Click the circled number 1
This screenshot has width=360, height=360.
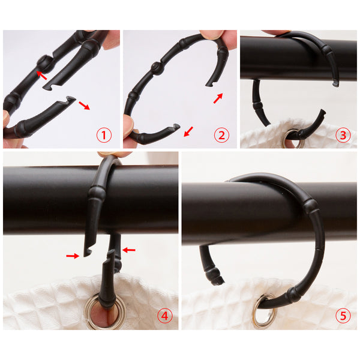pyautogui.click(x=104, y=135)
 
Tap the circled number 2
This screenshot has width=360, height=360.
pyautogui.click(x=221, y=135)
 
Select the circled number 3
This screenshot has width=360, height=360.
pyautogui.click(x=343, y=135)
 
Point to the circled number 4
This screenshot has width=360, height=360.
pyautogui.click(x=165, y=316)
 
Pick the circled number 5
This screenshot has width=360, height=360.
pyautogui.click(x=343, y=316)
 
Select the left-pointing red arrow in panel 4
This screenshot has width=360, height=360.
pyautogui.click(x=129, y=250)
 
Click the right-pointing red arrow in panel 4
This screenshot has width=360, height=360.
pyautogui.click(x=73, y=256)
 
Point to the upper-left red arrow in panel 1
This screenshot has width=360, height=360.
pyautogui.click(x=41, y=76)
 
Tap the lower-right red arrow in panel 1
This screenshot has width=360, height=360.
pyautogui.click(x=84, y=106)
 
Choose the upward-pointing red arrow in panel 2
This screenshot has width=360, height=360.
pyautogui.click(x=218, y=98)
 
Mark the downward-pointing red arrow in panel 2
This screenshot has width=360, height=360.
pyautogui.click(x=188, y=131)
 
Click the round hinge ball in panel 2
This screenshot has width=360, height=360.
pyautogui.click(x=158, y=68)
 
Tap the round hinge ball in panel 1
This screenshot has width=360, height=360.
pyautogui.click(x=45, y=62)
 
